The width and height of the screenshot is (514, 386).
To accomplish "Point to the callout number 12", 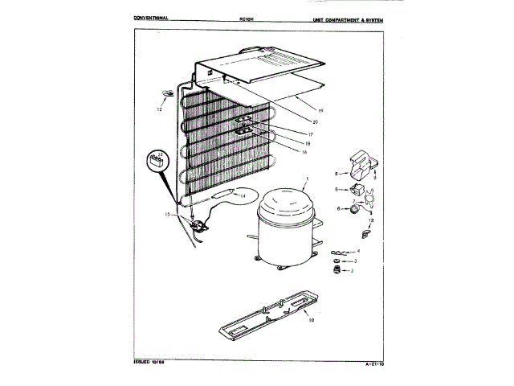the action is click(159, 109).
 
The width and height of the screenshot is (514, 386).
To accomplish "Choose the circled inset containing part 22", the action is click(158, 161).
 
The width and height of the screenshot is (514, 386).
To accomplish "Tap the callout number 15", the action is click(167, 215).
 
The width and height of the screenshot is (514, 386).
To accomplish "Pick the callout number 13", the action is click(370, 220).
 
